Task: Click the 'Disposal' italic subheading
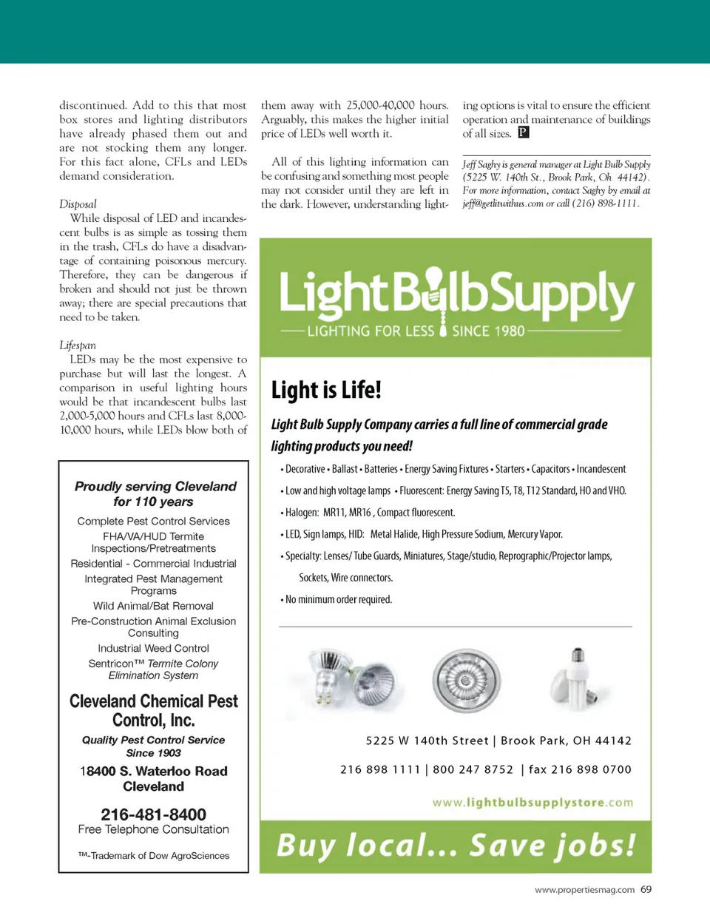point(78,204)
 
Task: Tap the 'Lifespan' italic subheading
point(78,345)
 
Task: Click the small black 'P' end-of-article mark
point(523,132)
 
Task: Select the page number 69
point(646,889)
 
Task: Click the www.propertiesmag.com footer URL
point(584,890)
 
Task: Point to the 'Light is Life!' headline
point(326,390)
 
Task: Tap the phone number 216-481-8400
point(153,814)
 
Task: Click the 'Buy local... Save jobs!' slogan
point(456,845)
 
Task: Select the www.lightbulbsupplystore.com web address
point(532,803)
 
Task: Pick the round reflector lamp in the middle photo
point(466,680)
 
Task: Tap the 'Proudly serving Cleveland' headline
point(155,487)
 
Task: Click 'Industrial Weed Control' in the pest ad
point(153,648)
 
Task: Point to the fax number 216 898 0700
point(580,769)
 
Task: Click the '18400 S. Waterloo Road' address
point(154,771)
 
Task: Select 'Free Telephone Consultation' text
point(153,830)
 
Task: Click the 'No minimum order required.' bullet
point(338,599)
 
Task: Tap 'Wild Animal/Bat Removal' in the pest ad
point(153,606)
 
